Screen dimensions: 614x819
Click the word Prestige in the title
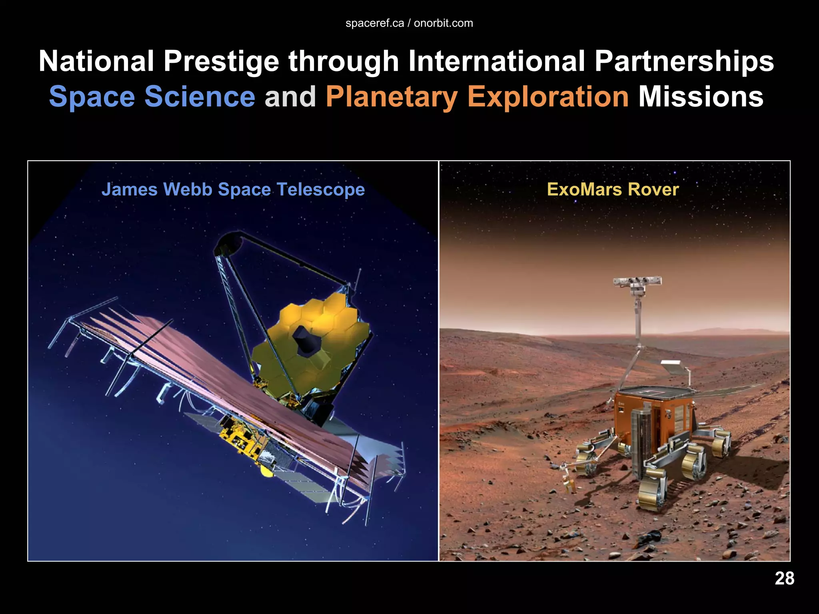[221, 61]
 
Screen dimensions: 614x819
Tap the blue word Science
[200, 97]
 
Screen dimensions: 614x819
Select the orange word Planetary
[392, 97]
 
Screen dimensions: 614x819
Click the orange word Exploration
[548, 97]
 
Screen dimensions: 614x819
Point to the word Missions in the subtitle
[701, 97]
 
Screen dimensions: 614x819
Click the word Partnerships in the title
[684, 61]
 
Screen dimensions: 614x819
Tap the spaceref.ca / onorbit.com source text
[409, 23]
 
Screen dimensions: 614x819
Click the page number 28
[784, 578]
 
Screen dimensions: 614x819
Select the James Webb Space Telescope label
[233, 189]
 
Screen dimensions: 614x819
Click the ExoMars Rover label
[613, 189]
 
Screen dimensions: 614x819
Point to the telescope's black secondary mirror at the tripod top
[228, 243]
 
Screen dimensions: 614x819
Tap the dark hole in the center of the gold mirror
[306, 340]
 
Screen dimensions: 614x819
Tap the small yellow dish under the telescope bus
[267, 470]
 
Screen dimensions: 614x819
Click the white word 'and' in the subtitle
[290, 97]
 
